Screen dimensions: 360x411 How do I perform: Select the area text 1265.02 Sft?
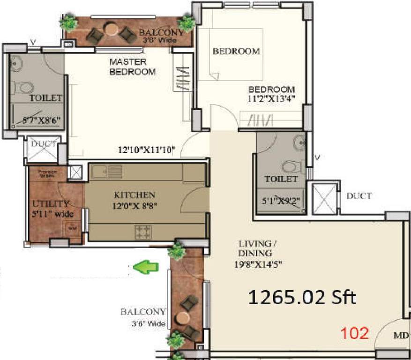[302, 298]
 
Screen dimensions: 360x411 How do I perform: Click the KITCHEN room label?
[134, 195]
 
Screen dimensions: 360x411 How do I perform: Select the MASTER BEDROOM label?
[132, 67]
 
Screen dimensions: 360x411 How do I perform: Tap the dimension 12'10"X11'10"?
[146, 150]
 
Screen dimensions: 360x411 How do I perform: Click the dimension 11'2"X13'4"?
[272, 98]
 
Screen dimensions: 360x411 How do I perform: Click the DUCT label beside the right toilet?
[359, 196]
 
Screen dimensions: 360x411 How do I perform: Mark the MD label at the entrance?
[403, 336]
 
